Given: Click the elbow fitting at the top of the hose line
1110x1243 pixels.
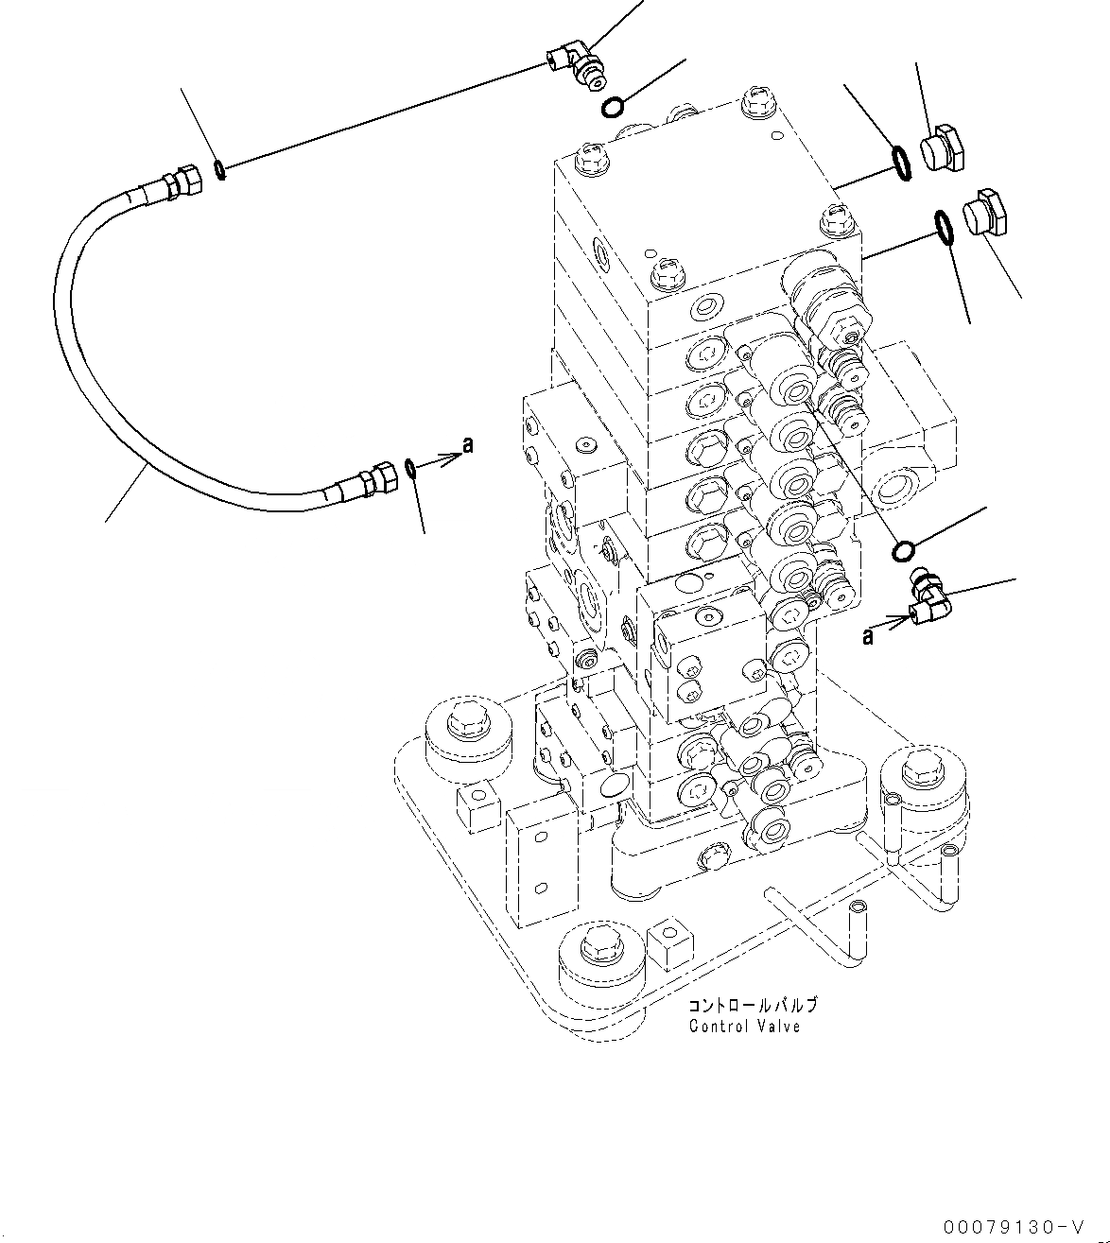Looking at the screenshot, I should (x=580, y=68).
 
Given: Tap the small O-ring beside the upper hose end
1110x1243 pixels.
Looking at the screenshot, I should (x=219, y=170).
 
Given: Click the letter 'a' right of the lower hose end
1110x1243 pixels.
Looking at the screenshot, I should (x=466, y=444).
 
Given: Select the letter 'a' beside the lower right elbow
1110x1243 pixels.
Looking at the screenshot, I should (x=867, y=638).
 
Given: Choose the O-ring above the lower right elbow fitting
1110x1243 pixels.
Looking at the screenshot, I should (x=903, y=549).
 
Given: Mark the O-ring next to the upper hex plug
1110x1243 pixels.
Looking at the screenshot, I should (x=902, y=162).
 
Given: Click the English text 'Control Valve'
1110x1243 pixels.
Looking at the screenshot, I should (x=744, y=1027).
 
